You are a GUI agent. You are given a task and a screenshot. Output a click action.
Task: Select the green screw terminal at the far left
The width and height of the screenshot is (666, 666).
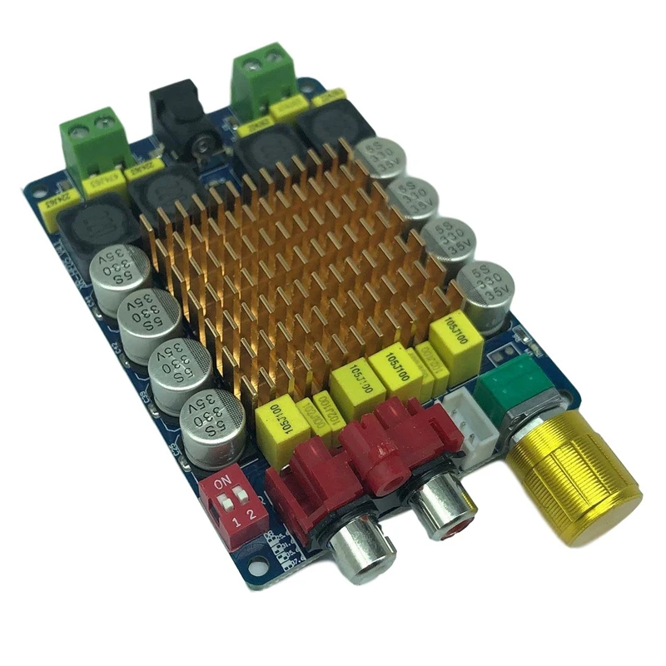(x=92, y=137)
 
